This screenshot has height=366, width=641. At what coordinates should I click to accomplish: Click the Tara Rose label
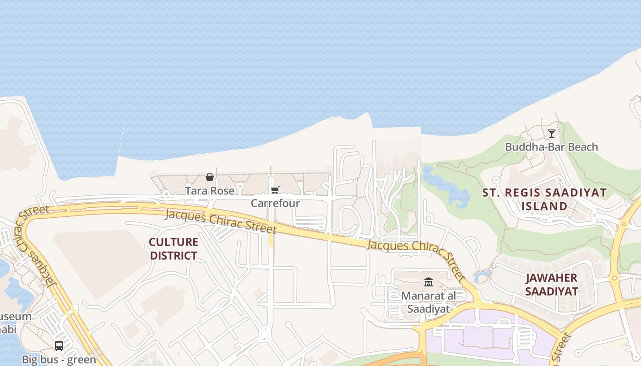(x=209, y=190)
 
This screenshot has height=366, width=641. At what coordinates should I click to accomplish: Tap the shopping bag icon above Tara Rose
(x=210, y=177)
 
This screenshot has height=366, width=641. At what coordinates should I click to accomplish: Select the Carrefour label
(x=275, y=203)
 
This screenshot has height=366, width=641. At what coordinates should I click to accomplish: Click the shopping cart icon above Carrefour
(x=275, y=190)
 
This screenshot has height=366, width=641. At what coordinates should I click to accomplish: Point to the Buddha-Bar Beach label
(x=551, y=147)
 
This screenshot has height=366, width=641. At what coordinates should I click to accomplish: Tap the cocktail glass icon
(x=552, y=134)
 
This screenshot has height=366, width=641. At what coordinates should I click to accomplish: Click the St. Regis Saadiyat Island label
(x=544, y=199)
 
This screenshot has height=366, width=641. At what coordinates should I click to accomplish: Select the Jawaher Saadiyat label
(x=551, y=284)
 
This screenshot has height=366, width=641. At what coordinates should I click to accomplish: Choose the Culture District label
(x=174, y=248)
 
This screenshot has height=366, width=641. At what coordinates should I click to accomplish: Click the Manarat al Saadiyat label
(x=428, y=302)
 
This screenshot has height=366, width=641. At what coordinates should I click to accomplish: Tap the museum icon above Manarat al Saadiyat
(x=429, y=282)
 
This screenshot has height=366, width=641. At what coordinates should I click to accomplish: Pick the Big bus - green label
(x=59, y=360)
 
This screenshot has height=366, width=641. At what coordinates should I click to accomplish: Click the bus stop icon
(x=59, y=346)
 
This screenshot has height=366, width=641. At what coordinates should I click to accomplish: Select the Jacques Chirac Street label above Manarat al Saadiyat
(x=416, y=256)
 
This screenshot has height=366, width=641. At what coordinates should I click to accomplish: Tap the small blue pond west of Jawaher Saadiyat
(x=482, y=276)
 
